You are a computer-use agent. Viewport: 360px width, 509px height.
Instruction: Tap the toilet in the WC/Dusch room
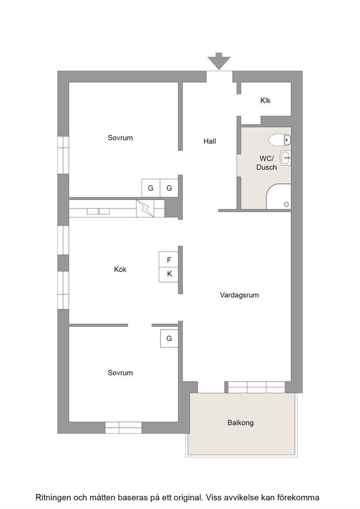tap(280, 140)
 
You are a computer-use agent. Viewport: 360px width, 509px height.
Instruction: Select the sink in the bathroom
tap(286, 159)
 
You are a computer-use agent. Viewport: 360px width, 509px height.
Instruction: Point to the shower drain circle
tap(286, 204)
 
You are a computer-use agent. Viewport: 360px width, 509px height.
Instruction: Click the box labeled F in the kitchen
tap(169, 260)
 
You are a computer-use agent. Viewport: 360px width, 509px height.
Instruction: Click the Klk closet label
tap(265, 101)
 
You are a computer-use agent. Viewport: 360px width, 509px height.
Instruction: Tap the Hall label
tap(210, 141)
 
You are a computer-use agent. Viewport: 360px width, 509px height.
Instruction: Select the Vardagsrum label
tap(239, 295)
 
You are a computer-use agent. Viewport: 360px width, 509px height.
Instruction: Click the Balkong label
tap(241, 423)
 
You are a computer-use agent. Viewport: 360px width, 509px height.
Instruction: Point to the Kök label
tap(120, 270)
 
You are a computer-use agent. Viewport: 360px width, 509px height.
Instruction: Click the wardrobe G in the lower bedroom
tap(169, 338)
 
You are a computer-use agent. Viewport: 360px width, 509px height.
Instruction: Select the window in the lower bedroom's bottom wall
tap(123, 428)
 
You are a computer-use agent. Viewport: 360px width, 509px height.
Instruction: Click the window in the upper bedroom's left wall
tap(63, 155)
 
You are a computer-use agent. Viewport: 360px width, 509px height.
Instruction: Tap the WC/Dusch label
tap(266, 163)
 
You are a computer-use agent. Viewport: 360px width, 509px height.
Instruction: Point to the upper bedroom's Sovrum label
tap(120, 138)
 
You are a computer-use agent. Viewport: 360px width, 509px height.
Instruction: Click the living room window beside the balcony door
tap(257, 387)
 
